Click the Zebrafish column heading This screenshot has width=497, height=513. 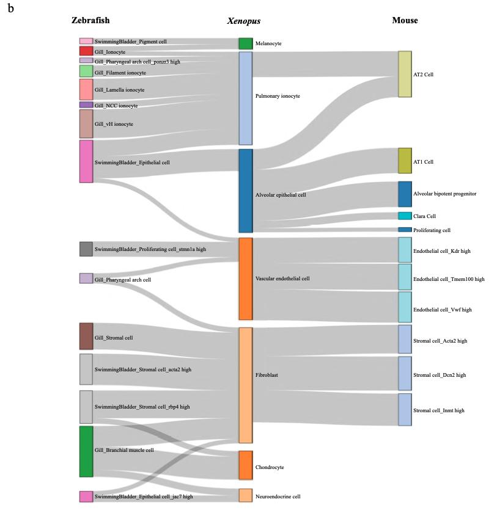tap(90, 20)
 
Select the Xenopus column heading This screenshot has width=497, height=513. tap(244, 21)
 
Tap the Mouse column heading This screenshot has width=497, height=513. tap(405, 20)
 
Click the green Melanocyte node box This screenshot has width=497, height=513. tap(245, 43)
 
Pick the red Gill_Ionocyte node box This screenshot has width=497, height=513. tap(86, 51)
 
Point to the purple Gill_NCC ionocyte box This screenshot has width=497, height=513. tap(86, 105)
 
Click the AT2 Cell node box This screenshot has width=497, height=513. tap(405, 74)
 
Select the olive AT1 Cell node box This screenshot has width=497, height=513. tap(405, 161)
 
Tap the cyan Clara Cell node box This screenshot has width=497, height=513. tap(405, 216)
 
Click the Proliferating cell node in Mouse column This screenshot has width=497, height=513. tap(405, 230)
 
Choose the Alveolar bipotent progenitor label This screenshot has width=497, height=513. tap(444, 194)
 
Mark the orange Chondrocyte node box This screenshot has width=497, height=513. tap(245, 465)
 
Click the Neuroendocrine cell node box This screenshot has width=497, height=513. tap(245, 495)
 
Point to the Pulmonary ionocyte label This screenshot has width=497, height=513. tap(278, 96)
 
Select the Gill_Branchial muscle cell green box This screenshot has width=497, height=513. tap(86, 451)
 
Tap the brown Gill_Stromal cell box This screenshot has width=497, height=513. tap(86, 337)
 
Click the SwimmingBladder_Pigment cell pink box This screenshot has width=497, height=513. tap(86, 41)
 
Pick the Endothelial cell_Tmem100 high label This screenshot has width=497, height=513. tap(449, 279)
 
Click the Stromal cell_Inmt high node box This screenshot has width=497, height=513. tap(405, 409)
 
